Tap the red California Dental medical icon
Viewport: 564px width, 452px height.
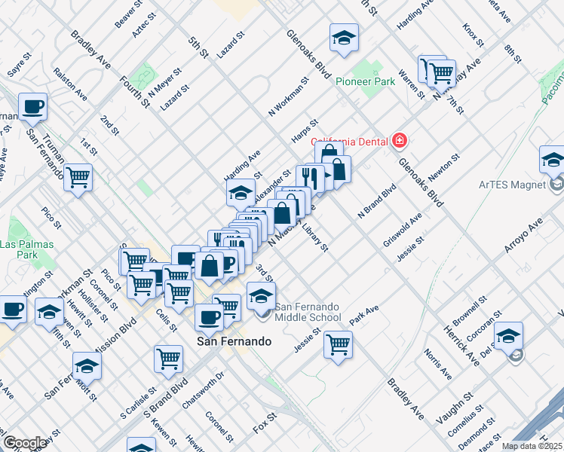pos(399,141)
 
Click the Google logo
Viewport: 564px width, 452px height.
pos(24,442)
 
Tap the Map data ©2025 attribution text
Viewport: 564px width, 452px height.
pos(532,446)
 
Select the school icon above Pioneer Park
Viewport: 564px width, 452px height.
pos(344,38)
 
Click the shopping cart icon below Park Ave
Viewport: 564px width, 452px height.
pos(339,345)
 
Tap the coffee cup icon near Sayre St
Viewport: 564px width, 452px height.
pos(32,107)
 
